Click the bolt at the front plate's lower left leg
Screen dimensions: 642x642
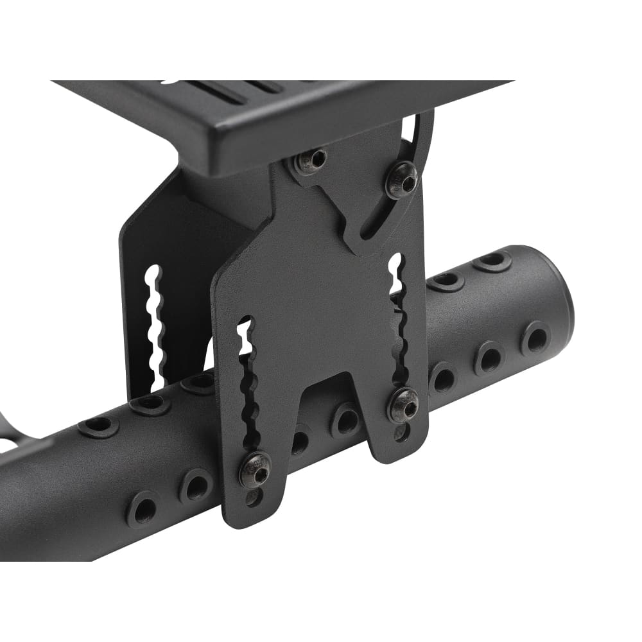click(255, 469)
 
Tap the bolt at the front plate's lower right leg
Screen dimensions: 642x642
click(403, 404)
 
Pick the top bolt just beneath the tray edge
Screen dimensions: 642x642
click(311, 160)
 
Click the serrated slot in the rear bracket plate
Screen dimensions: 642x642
click(155, 327)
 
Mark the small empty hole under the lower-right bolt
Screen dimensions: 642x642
click(402, 431)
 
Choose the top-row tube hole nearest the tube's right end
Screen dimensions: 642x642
click(492, 261)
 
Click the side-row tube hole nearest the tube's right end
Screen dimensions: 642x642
click(535, 338)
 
